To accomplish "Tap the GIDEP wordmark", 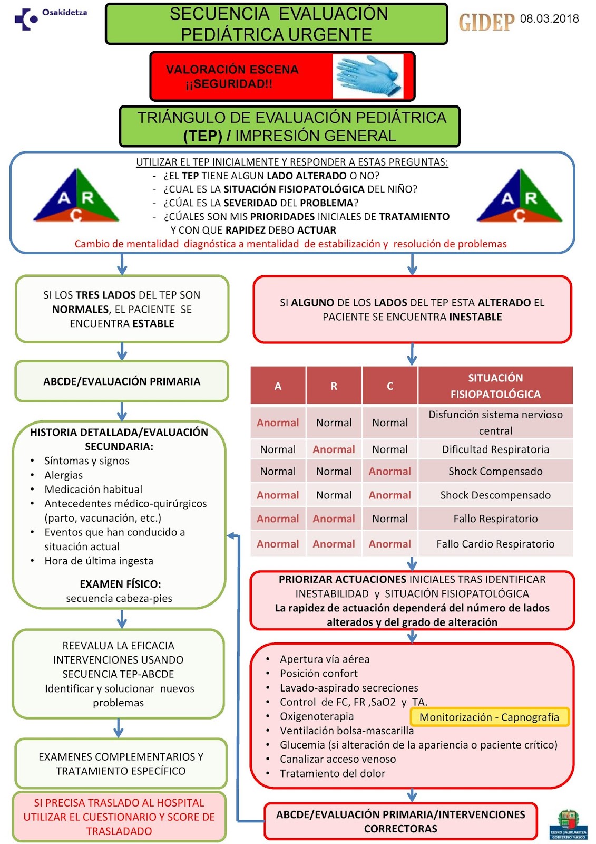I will pyautogui.click(x=486, y=22).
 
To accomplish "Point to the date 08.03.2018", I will pyautogui.click(x=549, y=19).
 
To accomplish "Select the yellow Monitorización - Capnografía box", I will pyautogui.click(x=489, y=717).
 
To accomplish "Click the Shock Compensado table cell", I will pyautogui.click(x=495, y=471).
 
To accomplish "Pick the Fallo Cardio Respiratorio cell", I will pyautogui.click(x=495, y=544).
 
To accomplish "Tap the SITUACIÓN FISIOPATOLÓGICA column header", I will pyautogui.click(x=495, y=386).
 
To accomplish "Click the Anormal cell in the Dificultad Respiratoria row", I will pyautogui.click(x=334, y=449).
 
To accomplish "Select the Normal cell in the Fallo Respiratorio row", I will pyautogui.click(x=390, y=519).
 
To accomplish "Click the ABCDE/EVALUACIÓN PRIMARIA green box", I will pyautogui.click(x=122, y=381).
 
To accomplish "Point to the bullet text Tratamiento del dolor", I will pyautogui.click(x=333, y=773).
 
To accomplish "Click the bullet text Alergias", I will pyautogui.click(x=64, y=475).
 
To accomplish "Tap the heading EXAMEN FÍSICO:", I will pyautogui.click(x=120, y=584).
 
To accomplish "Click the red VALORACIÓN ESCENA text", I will pyautogui.click(x=232, y=70).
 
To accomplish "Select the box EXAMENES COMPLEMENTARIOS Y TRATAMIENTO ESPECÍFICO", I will pyautogui.click(x=121, y=763).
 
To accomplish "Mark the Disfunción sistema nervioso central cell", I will pyautogui.click(x=495, y=423).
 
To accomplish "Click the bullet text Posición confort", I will pyautogui.click(x=318, y=673).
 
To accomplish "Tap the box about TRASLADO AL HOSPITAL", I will pyautogui.click(x=119, y=817).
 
